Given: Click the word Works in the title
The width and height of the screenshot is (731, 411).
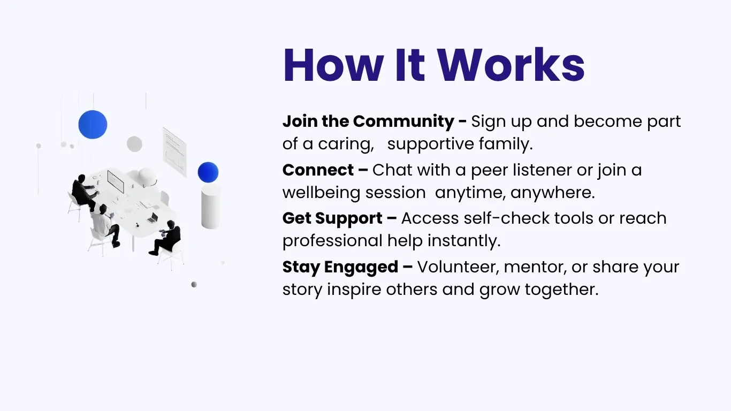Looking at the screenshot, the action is tap(511, 65).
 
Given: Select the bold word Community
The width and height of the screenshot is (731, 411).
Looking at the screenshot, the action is tap(403, 121).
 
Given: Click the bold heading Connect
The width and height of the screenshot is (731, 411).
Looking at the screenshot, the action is tap(318, 170).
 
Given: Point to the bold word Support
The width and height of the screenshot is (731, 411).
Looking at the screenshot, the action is tap(348, 219).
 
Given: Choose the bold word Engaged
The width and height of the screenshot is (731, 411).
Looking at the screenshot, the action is tap(361, 268).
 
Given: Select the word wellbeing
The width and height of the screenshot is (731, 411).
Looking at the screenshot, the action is tap(321, 193).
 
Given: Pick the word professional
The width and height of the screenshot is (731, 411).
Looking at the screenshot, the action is tap(332, 241).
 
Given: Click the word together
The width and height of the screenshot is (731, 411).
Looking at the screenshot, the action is tap(562, 290).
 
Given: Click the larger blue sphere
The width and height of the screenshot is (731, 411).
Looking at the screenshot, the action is tap(93, 124).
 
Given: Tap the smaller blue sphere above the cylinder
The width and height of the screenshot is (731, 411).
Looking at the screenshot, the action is tap(208, 172).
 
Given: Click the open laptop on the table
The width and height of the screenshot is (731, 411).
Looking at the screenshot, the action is tap(153, 218).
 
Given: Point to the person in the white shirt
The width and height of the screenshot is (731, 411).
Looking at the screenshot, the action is tap(104, 225).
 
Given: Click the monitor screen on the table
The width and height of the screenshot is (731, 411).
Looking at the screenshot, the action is tap(116, 181).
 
